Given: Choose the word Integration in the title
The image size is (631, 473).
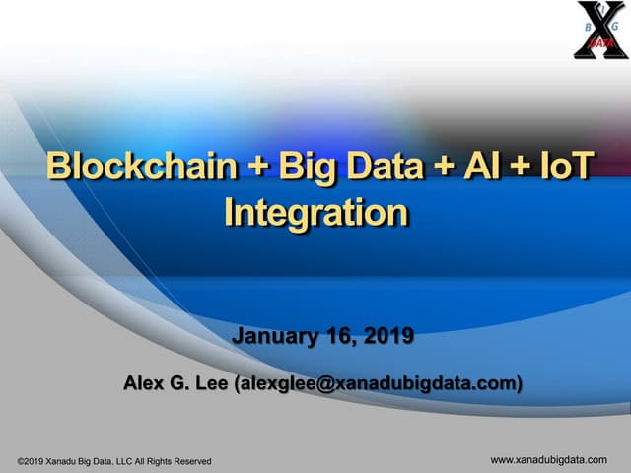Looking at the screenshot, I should (x=315, y=212).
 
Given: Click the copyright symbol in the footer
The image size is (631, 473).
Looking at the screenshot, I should (x=22, y=461).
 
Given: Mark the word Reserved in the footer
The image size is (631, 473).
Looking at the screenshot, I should (x=190, y=461).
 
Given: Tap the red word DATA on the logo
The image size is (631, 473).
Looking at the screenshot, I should (x=597, y=44).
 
